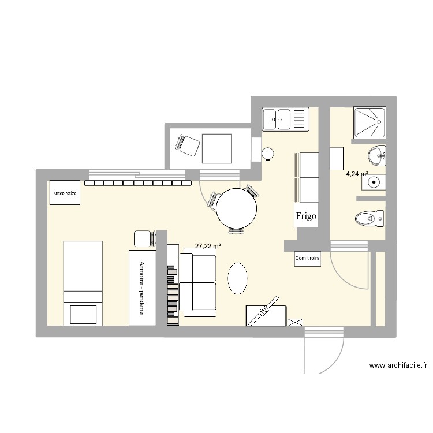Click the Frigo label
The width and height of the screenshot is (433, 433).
[x=306, y=216]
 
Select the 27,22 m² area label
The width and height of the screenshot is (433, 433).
[x=208, y=246]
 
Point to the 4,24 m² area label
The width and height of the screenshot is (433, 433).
[x=357, y=173]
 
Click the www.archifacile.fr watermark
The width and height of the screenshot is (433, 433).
[x=398, y=365]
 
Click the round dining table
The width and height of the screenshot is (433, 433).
[x=237, y=209]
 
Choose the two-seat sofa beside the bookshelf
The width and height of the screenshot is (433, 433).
[x=197, y=283]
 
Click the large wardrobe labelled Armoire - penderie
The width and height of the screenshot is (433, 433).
[x=142, y=287]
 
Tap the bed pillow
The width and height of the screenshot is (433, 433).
[x=83, y=313]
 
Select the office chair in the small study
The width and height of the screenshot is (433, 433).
[x=188, y=145]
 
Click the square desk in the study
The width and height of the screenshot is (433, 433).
[x=216, y=148]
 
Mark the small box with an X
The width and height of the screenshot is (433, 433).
[x=294, y=321]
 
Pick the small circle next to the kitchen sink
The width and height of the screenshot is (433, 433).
[x=268, y=154]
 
